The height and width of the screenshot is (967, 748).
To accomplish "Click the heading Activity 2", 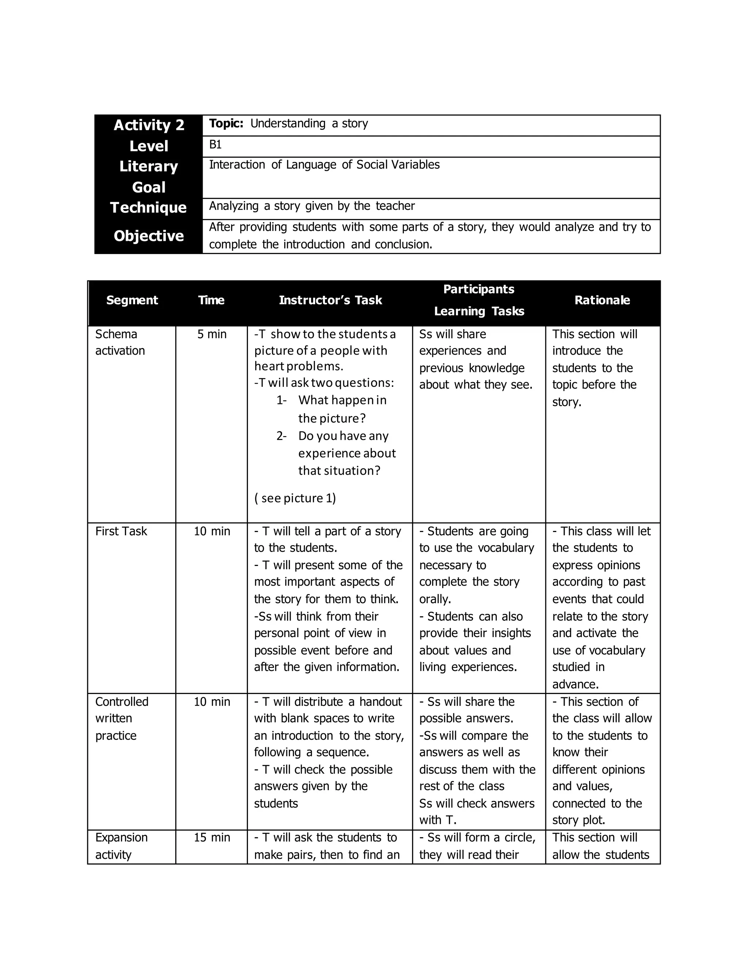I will pos(149,125).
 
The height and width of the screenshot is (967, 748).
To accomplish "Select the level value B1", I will pos(215,145).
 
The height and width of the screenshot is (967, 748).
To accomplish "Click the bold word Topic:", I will pos(226,124).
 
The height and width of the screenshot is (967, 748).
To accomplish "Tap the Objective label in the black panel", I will pos(149,236).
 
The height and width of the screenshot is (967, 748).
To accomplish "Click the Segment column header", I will pos(132,300).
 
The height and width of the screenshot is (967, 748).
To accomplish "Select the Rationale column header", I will pos(602,300).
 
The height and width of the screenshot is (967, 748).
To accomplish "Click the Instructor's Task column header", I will pos(330,300).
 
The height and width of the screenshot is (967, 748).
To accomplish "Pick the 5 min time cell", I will pos(212,334).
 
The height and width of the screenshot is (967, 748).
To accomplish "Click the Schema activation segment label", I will pos(120,342).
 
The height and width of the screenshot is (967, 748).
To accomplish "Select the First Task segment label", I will pos(121,531).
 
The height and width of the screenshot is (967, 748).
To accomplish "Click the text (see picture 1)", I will pos(295,498).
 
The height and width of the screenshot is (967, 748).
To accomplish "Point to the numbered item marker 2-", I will pos(281,436).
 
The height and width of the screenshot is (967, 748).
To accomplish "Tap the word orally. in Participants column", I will pos(435,599).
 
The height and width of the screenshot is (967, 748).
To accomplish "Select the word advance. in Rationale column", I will pos(575,685).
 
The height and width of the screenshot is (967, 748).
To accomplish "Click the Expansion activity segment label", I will pos(121,846).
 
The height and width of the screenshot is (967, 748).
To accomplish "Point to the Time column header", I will pos(211,300).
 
